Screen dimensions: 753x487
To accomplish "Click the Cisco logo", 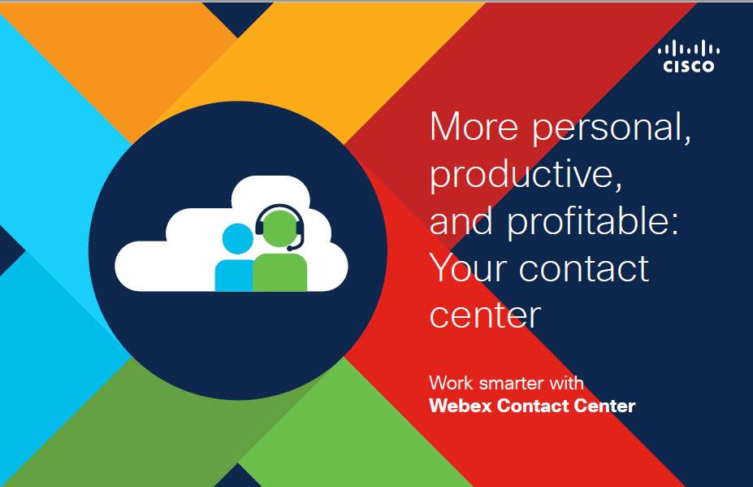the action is click(689, 57).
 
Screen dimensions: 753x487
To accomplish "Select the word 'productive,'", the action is click(526, 176).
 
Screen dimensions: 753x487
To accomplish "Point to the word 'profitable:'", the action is click(593, 224).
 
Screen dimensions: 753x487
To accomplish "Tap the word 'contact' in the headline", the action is click(584, 268).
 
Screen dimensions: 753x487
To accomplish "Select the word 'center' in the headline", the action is click(485, 315).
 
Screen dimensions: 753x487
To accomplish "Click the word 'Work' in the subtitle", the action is click(451, 383).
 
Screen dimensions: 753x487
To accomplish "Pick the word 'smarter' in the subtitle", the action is click(511, 384).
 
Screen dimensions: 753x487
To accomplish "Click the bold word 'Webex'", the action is click(461, 406).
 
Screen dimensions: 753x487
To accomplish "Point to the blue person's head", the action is click(237, 238).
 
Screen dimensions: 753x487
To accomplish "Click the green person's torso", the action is click(280, 272).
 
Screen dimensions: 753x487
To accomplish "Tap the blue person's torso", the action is click(234, 276).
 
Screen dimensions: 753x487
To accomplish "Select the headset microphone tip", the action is click(290, 248).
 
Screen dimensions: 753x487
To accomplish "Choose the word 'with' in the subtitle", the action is click(567, 383).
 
